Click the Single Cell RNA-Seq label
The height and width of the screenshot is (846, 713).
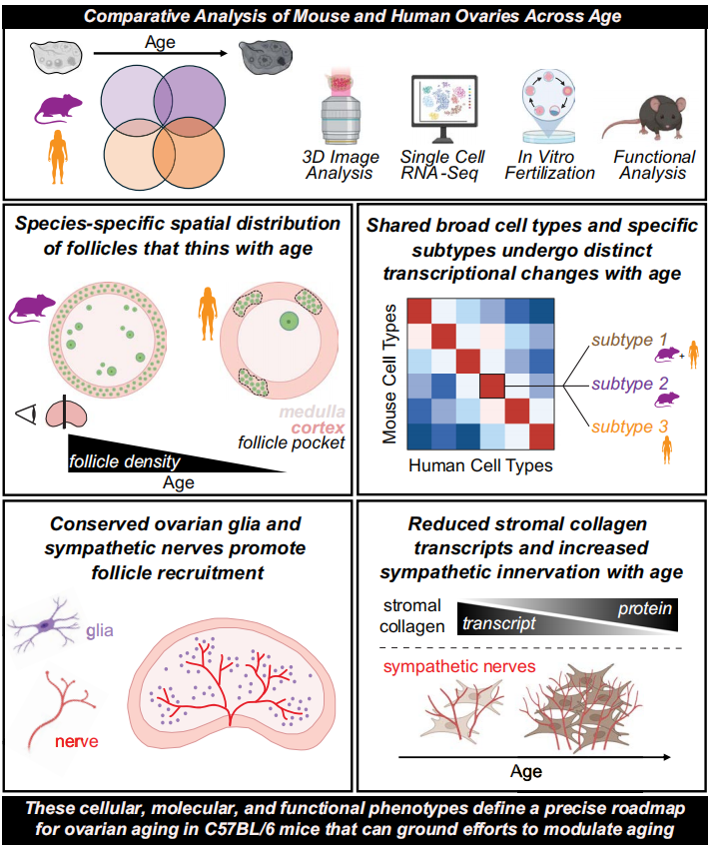coord(441,165)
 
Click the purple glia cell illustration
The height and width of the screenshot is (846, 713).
coord(49,626)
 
